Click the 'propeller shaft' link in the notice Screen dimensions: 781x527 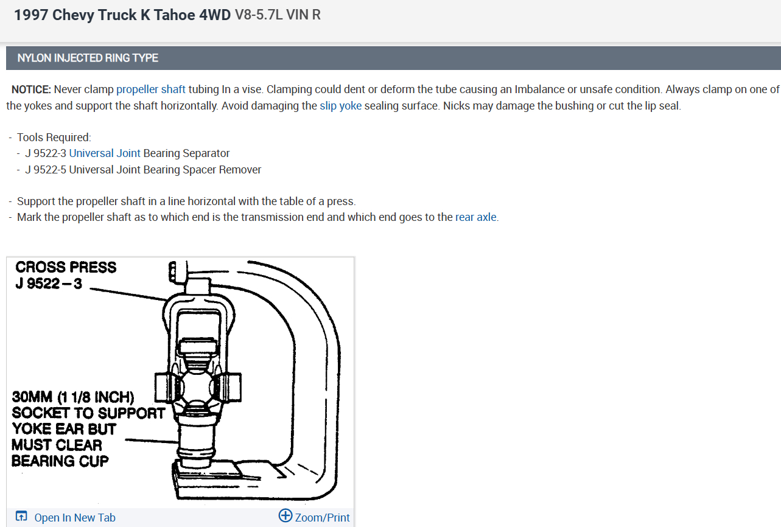[150, 89]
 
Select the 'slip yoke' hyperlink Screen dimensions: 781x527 [341, 106]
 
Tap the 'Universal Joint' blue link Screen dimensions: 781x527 [105, 153]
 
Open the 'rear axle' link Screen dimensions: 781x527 [476, 217]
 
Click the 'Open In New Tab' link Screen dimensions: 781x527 [75, 518]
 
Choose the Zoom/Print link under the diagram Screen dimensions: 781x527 [322, 518]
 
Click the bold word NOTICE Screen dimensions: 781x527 [32, 89]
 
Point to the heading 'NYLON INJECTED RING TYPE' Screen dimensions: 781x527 [88, 58]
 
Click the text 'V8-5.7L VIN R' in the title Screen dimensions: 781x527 [278, 15]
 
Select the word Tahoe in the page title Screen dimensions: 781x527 [175, 15]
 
